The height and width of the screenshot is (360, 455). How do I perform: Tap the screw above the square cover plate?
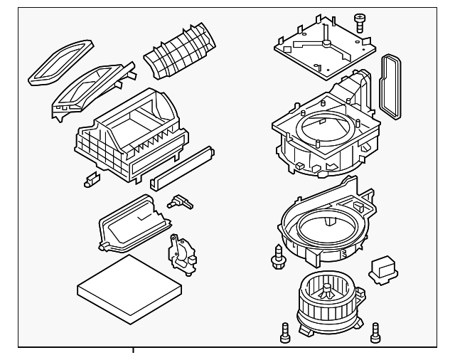(360, 23)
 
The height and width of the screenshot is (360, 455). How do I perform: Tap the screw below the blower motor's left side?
(284, 331)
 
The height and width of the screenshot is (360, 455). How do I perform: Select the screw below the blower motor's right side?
(375, 330)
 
